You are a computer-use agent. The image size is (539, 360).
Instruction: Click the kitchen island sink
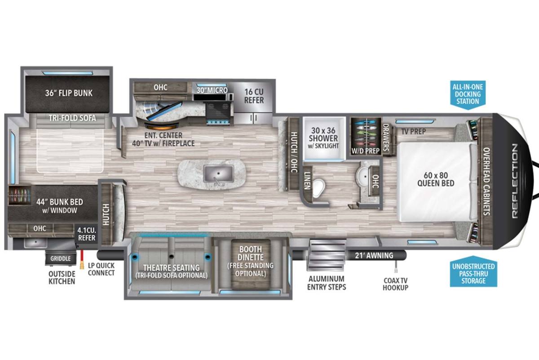tap(218, 174)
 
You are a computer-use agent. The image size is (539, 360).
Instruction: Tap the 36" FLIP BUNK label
tap(69, 93)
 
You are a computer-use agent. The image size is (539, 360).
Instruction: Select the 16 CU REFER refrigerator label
tap(254, 96)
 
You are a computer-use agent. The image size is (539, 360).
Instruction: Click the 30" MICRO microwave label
tap(212, 90)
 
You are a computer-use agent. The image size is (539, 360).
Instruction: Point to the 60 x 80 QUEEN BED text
tap(436, 179)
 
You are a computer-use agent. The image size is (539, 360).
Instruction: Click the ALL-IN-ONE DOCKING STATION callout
tap(468, 94)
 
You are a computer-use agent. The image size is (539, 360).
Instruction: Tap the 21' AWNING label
tap(374, 255)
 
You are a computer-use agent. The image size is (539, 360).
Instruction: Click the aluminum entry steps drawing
tap(326, 255)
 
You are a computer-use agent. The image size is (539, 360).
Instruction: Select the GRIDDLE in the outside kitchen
tap(61, 258)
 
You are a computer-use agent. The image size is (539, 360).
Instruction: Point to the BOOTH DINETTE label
tap(251, 253)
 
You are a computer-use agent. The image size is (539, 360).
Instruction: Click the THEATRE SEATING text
tap(171, 268)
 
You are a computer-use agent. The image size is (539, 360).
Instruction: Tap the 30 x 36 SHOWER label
tap(323, 134)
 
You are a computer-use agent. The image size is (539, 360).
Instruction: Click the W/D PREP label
tap(366, 151)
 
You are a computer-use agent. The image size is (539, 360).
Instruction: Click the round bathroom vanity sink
tap(364, 177)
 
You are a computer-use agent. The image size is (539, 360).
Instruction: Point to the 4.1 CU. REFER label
tap(87, 234)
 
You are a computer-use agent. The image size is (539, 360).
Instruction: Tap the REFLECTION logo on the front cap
tap(514, 181)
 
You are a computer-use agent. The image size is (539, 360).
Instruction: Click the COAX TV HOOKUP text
tap(395, 284)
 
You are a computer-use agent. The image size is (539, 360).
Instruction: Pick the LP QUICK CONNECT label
tap(102, 269)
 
